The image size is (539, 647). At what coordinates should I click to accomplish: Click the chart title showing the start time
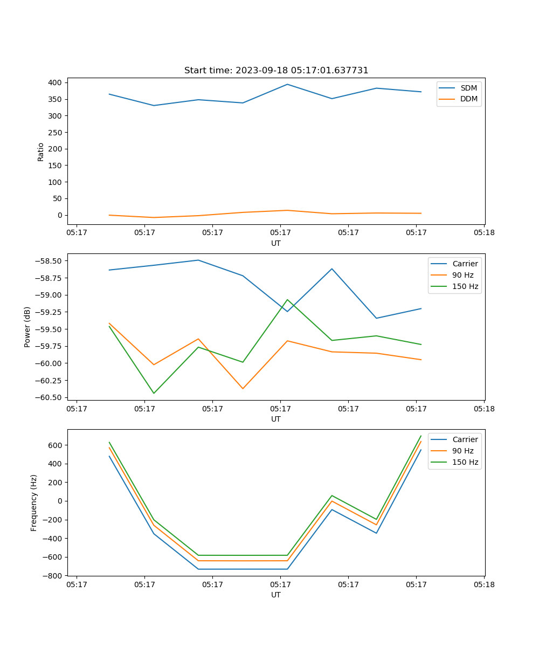pyautogui.click(x=276, y=71)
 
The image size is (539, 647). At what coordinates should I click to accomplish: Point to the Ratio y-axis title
pyautogui.click(x=41, y=152)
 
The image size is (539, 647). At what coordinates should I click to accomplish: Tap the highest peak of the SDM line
pyautogui.click(x=287, y=84)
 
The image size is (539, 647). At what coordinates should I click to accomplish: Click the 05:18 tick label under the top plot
pyautogui.click(x=484, y=233)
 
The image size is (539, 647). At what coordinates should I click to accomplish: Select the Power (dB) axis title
pyautogui.click(x=27, y=327)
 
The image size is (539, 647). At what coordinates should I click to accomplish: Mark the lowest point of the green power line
pyautogui.click(x=154, y=393)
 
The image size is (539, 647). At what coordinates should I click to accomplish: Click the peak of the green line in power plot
pyautogui.click(x=287, y=299)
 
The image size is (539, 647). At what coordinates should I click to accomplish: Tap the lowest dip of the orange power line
pyautogui.click(x=243, y=388)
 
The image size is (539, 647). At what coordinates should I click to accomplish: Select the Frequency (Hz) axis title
pyautogui.click(x=34, y=503)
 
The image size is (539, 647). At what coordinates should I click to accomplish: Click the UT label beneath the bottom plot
pyautogui.click(x=276, y=595)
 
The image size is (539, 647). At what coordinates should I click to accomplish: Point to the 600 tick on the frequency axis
pyautogui.click(x=56, y=445)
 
